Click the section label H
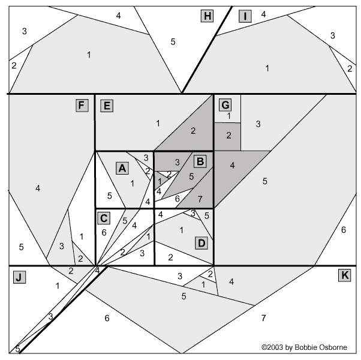[x=207, y=16]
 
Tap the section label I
[x=245, y=16]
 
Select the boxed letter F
[x=82, y=105]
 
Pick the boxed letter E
[x=107, y=106]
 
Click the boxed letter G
[x=225, y=105]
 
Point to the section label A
[x=122, y=168]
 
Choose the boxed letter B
[x=200, y=161]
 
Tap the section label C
[x=104, y=218]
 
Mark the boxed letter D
[x=201, y=243]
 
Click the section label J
[x=19, y=277]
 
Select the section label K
[x=345, y=275]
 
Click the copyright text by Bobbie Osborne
[x=304, y=347]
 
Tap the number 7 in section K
[x=264, y=318]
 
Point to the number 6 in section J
[x=107, y=318]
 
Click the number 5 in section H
[x=173, y=41]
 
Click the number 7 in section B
[x=200, y=199]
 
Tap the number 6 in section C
[x=104, y=233]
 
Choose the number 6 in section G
[x=344, y=230]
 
